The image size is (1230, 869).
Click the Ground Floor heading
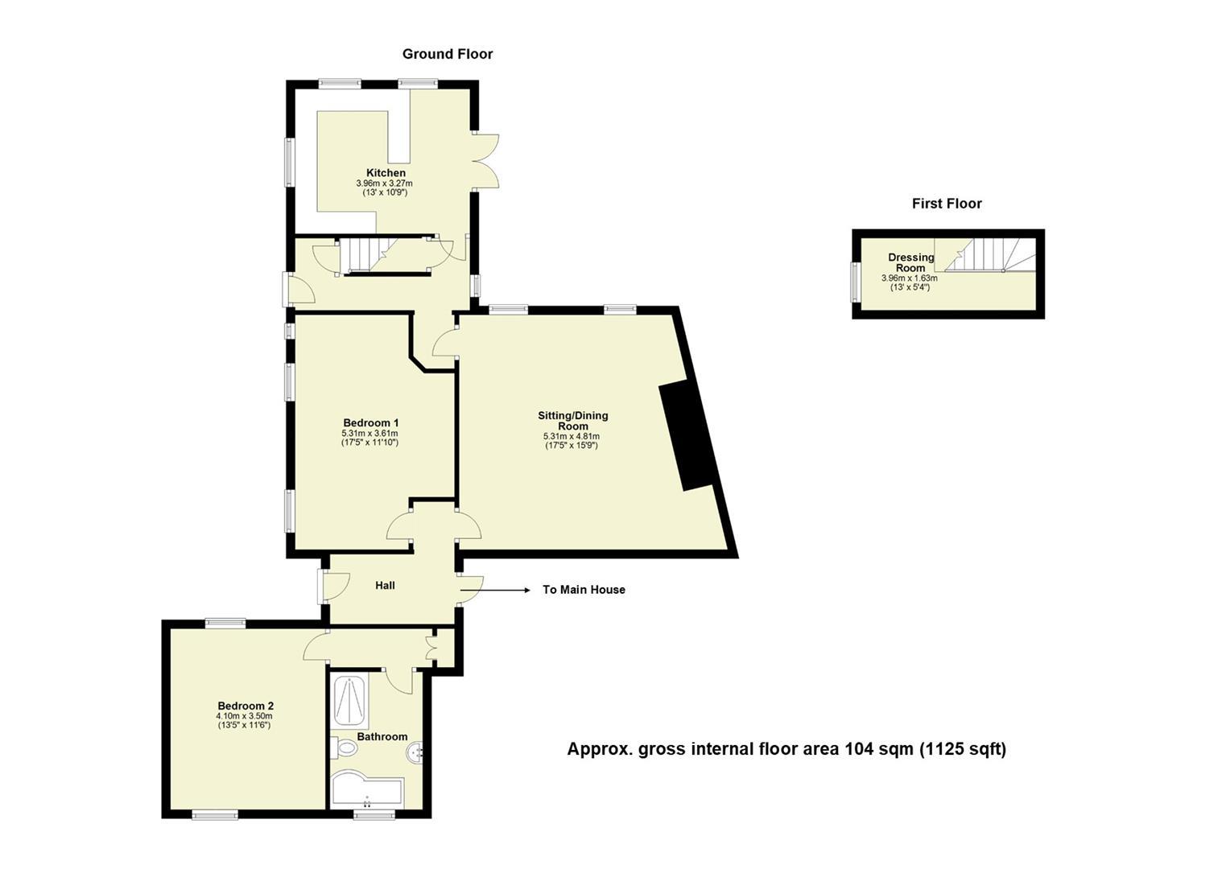(x=447, y=54)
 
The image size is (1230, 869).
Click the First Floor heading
(x=947, y=204)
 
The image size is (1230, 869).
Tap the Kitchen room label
(x=386, y=173)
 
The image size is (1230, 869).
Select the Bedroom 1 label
(x=370, y=423)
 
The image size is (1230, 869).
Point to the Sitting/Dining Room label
(x=572, y=421)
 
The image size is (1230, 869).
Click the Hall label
(x=385, y=586)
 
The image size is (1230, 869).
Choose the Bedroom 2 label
(x=245, y=706)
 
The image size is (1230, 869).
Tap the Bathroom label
(x=382, y=736)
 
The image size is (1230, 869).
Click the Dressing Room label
(x=911, y=262)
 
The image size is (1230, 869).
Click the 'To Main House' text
(x=584, y=590)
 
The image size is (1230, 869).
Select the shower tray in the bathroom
(x=349, y=701)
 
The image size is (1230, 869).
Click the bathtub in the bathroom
(x=367, y=790)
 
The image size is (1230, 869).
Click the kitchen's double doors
(x=485, y=160)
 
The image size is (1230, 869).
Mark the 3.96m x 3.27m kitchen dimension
(x=385, y=183)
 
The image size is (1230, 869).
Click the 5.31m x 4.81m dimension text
(x=572, y=436)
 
